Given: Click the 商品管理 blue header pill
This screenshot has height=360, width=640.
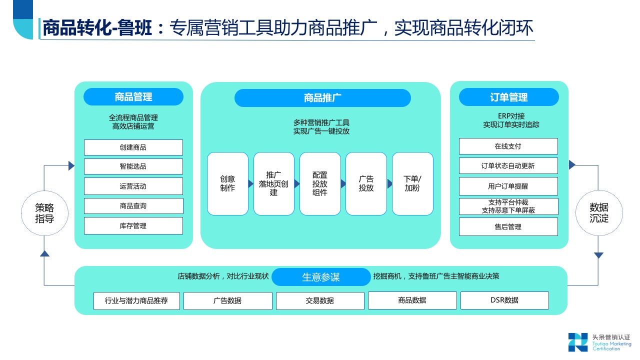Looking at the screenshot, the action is (133, 97).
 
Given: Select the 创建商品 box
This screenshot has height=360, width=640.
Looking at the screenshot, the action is (133, 147).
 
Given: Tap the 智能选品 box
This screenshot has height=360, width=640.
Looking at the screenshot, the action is (133, 166).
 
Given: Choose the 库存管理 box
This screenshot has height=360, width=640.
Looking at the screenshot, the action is (133, 226).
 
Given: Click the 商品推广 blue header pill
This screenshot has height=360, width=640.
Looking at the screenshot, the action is (322, 98).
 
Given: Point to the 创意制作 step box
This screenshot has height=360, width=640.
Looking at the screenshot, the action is (227, 183).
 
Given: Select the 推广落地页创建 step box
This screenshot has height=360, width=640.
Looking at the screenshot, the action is (273, 183).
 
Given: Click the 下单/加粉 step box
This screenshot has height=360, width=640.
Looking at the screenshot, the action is (412, 183).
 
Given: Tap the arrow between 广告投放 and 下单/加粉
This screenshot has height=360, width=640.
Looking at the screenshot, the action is (389, 184).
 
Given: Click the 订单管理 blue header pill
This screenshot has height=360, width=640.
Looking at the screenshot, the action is (508, 97).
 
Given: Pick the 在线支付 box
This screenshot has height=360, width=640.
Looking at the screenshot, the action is (508, 146).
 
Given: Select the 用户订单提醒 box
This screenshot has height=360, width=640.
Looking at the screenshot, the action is (508, 186).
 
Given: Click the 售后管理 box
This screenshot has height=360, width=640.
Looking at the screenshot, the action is (508, 227).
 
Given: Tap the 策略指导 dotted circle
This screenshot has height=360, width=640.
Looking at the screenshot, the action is (44, 213).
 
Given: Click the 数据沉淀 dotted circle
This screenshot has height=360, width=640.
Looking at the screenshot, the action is (599, 213).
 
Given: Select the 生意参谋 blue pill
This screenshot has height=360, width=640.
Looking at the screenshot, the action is (321, 277).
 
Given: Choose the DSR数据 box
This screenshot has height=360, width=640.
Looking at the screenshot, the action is (504, 300).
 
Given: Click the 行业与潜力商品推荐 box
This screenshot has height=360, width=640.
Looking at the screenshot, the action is (136, 301).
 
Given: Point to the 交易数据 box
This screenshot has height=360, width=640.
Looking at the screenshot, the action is (320, 301).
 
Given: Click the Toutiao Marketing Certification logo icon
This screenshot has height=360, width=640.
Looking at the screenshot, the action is (577, 342).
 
